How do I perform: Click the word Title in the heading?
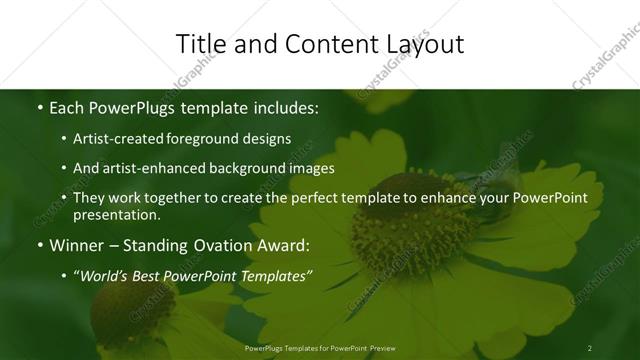(x=200, y=44)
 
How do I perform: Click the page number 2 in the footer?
(x=590, y=348)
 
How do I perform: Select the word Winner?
(x=78, y=244)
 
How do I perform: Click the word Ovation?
(x=220, y=244)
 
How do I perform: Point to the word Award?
(x=283, y=244)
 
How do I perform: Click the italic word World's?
(x=105, y=275)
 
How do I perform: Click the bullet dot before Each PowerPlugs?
(x=39, y=105)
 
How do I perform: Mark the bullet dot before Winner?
(x=39, y=244)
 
